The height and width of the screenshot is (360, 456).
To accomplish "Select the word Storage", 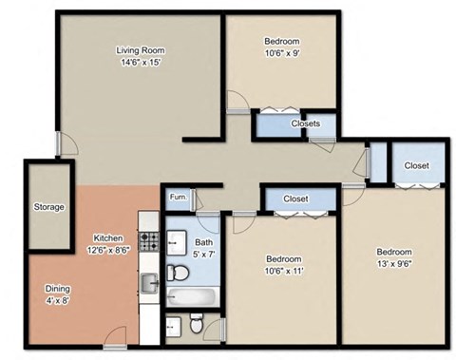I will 48,207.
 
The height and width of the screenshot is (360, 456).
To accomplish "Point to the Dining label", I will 56,288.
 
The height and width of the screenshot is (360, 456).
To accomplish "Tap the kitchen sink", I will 149,283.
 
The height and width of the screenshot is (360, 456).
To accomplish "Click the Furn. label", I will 177,198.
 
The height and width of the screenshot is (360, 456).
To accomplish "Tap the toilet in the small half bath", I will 195,327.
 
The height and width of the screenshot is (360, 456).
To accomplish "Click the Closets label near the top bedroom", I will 305,123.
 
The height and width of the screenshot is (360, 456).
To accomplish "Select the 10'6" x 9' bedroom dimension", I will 282,54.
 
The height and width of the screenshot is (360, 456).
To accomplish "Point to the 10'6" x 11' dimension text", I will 283,271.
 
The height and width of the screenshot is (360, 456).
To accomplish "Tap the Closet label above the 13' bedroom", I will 416,165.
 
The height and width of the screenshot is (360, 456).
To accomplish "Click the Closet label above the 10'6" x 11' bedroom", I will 295,199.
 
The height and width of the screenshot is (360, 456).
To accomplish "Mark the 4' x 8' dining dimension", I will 56,300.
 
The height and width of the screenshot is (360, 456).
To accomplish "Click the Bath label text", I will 204,241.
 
